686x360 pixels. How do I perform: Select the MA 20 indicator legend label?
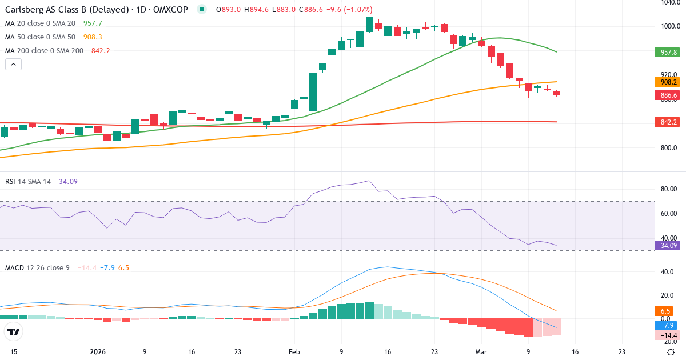tap(40, 23)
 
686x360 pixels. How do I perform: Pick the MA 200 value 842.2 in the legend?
tap(101, 51)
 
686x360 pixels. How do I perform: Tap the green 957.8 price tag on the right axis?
tap(667, 52)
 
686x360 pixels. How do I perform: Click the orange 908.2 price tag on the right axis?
tap(667, 82)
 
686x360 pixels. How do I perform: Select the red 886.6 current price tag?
tap(667, 95)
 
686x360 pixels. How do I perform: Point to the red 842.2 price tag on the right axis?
tap(667, 122)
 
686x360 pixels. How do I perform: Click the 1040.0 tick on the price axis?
tap(669, 2)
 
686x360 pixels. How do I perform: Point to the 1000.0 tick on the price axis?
tap(669, 26)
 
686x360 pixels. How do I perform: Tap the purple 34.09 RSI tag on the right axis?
tap(667, 246)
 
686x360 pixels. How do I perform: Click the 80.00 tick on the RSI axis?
tap(669, 189)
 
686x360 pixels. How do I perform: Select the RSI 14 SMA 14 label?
tap(28, 182)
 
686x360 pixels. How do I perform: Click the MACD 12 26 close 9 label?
tap(37, 268)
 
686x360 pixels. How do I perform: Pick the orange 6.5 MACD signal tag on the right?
tap(667, 311)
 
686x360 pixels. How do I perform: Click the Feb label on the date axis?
tap(294, 352)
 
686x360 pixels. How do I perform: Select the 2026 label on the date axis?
tap(98, 352)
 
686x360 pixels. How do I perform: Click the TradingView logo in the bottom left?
tap(13, 332)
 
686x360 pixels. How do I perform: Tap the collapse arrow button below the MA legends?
tap(13, 65)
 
